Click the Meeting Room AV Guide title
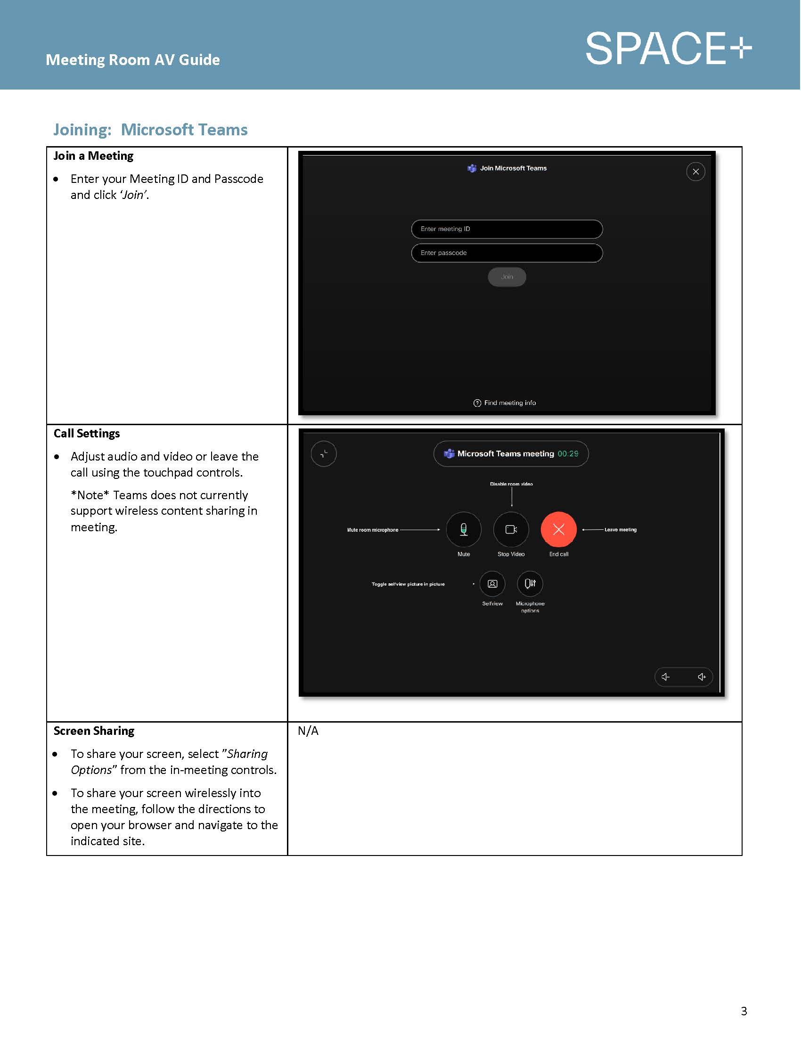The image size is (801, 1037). [x=132, y=60]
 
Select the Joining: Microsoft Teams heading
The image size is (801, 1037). [x=150, y=130]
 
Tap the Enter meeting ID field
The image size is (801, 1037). [x=507, y=229]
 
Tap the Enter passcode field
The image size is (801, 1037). [x=507, y=253]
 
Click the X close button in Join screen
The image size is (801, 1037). [x=695, y=172]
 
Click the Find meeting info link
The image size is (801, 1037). [x=505, y=403]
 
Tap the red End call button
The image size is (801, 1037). [x=558, y=529]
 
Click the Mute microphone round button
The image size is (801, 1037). [x=464, y=529]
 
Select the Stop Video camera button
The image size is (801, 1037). [x=511, y=529]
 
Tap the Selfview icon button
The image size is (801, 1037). [x=492, y=584]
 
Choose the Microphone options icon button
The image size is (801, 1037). [x=530, y=584]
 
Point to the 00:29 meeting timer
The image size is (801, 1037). [x=568, y=454]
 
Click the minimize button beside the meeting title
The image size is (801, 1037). [x=324, y=454]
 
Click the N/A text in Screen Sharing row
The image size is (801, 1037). [x=308, y=731]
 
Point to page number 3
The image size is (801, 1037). [x=744, y=1011]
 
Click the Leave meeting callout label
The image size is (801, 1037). [x=620, y=529]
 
